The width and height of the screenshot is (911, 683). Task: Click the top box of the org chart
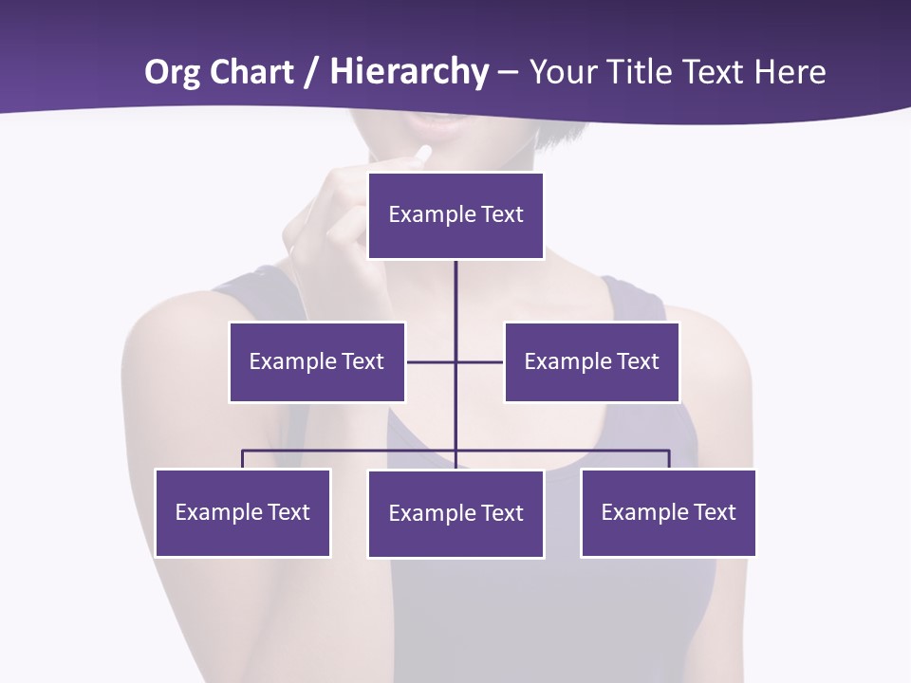(x=455, y=215)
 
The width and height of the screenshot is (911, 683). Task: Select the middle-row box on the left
(x=317, y=361)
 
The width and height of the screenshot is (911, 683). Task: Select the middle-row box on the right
(x=591, y=361)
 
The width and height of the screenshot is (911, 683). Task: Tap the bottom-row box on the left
(x=243, y=512)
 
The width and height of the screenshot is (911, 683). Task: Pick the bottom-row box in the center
(x=455, y=513)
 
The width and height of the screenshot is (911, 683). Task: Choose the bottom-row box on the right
(x=668, y=512)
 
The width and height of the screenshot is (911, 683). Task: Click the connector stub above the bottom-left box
(x=243, y=459)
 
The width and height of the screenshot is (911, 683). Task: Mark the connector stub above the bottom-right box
(x=669, y=459)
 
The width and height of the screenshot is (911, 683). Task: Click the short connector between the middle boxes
(x=455, y=361)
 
